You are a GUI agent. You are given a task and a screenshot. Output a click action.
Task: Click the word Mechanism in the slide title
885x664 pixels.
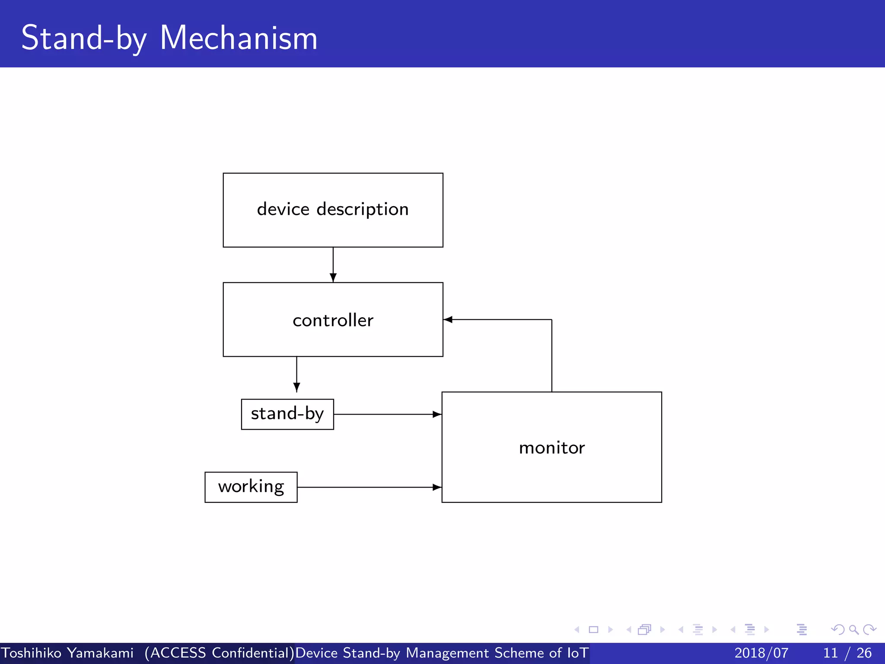point(239,38)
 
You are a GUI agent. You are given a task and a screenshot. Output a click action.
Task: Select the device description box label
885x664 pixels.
point(333,209)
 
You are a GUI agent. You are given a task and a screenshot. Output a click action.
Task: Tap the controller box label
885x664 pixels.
point(333,320)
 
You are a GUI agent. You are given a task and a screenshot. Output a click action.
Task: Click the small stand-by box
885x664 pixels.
point(287,414)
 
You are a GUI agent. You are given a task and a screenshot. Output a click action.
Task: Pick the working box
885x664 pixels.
point(251,487)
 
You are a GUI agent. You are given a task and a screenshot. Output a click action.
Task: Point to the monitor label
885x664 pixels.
point(552,447)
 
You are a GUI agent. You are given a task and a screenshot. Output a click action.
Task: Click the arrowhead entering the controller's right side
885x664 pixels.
point(448,319)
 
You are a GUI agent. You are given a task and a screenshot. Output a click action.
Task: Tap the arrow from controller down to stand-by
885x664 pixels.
point(296,374)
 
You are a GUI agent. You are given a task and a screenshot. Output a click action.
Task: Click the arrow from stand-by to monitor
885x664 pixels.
point(387,414)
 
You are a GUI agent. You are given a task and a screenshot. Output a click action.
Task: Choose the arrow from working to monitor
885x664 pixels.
point(369,487)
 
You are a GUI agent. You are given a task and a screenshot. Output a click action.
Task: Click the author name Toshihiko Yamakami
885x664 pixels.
point(67,653)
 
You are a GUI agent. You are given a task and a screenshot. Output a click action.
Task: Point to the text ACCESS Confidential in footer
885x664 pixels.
point(220,653)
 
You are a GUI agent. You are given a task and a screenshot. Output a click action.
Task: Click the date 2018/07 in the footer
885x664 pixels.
point(761,653)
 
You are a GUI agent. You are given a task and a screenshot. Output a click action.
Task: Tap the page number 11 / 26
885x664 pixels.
point(847,653)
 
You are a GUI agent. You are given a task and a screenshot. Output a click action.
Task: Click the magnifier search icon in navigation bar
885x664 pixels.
point(853,629)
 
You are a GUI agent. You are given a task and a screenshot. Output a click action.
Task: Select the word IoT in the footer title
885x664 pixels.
point(578,653)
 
